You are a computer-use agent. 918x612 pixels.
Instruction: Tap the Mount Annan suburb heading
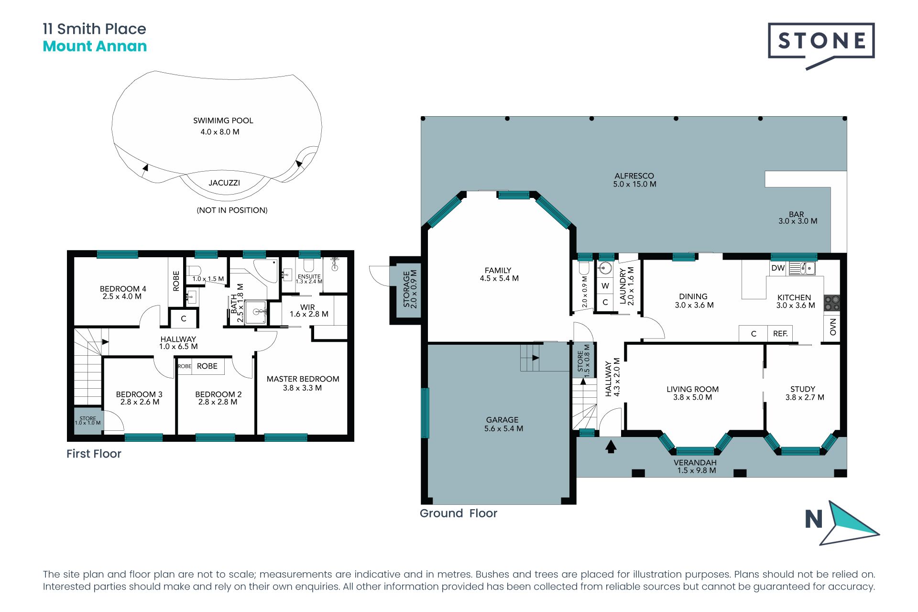click(x=95, y=46)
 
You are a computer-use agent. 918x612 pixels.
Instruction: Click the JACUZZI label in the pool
click(x=224, y=183)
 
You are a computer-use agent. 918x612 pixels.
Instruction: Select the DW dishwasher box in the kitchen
click(x=778, y=268)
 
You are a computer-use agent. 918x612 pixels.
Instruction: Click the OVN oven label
click(x=833, y=327)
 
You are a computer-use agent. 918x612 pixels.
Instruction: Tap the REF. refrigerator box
click(x=780, y=334)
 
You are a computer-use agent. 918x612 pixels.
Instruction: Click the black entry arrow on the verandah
click(x=611, y=447)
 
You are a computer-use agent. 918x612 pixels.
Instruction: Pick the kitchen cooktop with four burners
click(x=832, y=303)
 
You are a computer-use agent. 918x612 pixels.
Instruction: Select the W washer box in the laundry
click(x=605, y=286)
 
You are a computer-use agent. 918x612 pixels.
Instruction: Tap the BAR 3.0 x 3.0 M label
click(x=798, y=218)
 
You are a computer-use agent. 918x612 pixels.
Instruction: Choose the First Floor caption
click(x=94, y=454)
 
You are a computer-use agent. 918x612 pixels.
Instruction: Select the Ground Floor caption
click(x=459, y=514)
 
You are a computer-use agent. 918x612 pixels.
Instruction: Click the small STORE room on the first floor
click(x=88, y=421)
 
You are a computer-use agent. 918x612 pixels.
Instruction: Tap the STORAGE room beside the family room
click(x=405, y=290)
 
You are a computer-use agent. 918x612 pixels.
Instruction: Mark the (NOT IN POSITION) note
click(x=232, y=210)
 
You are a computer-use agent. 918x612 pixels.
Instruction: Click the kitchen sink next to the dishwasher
click(x=802, y=268)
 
